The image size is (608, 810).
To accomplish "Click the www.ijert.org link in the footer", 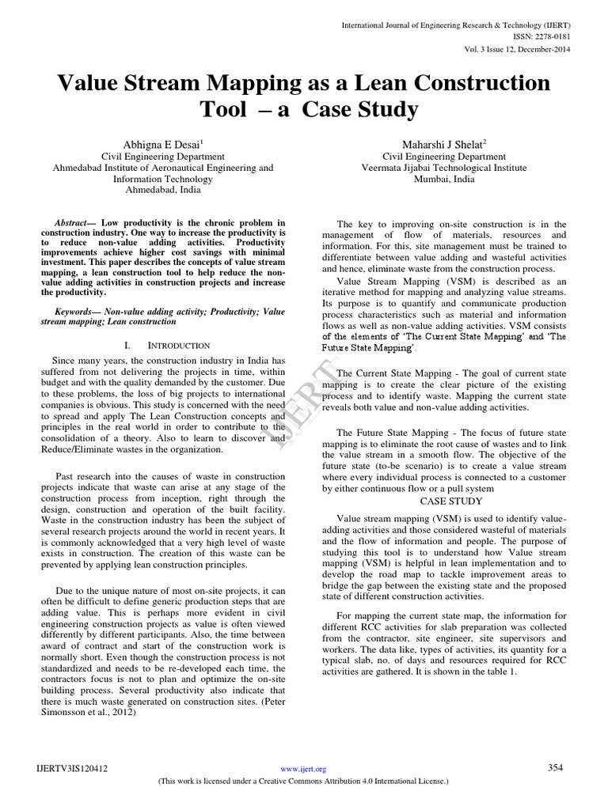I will (303, 769).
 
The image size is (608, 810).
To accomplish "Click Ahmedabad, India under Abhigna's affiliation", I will (163, 191).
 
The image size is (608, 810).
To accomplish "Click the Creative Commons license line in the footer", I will (304, 781).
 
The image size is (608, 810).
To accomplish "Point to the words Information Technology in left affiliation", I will (163, 179).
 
